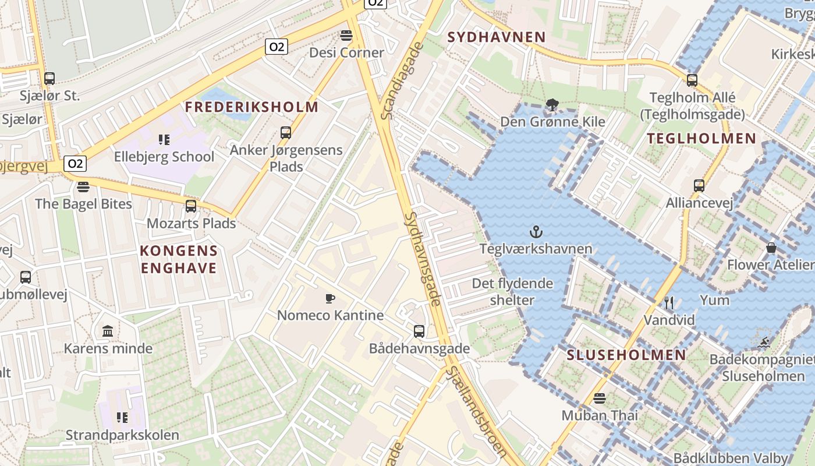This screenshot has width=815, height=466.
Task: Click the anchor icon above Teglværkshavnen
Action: point(536,232)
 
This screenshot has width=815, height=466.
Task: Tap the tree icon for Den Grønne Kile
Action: point(552,105)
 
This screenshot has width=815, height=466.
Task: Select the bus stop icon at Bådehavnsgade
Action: point(419,331)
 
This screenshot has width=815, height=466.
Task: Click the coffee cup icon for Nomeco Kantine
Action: point(330,299)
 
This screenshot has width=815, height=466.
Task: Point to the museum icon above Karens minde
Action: point(108,331)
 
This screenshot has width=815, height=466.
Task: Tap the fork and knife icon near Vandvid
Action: point(669,303)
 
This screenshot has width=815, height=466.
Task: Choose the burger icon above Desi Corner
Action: point(346,36)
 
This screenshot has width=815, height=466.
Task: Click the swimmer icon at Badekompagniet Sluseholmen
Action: point(764,342)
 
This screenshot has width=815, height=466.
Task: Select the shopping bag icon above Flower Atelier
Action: point(771,248)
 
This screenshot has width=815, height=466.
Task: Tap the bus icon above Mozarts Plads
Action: point(191,206)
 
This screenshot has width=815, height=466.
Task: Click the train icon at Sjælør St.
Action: point(49,79)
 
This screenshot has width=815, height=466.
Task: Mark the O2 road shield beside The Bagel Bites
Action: point(75,164)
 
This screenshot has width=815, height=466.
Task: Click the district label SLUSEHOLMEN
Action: point(626,355)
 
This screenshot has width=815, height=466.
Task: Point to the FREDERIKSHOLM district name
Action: point(251,107)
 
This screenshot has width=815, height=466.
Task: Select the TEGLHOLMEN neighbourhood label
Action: point(701,139)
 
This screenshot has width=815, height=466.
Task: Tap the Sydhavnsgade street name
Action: point(423,259)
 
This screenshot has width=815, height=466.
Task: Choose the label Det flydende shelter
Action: point(512,291)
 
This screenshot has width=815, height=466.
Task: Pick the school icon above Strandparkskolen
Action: point(122,418)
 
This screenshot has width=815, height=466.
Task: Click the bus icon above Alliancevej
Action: point(699,186)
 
